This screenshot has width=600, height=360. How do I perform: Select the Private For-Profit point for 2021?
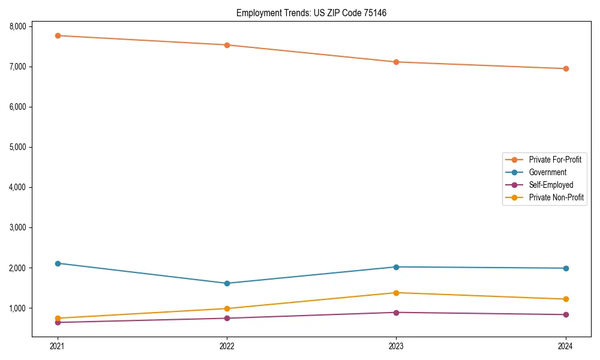[58, 35]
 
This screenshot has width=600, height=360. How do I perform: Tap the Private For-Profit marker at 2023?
[396, 62]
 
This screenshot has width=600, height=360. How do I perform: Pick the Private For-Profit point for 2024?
[566, 68]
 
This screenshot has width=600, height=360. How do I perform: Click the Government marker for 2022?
[227, 283]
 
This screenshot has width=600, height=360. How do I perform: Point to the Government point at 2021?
[58, 263]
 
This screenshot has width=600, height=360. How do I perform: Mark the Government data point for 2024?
[566, 268]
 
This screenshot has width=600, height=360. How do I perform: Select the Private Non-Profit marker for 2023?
[396, 293]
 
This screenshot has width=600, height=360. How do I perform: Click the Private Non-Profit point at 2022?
[227, 308]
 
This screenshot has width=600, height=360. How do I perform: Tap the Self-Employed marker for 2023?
[396, 313]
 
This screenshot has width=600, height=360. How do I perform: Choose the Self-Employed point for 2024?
[566, 314]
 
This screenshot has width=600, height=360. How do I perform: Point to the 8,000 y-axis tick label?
[17, 26]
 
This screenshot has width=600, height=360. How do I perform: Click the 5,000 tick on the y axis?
[17, 147]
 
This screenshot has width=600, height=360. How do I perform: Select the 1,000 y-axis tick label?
[17, 308]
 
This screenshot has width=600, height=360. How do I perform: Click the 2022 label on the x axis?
[227, 346]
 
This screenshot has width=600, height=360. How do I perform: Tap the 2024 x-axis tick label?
[566, 346]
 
